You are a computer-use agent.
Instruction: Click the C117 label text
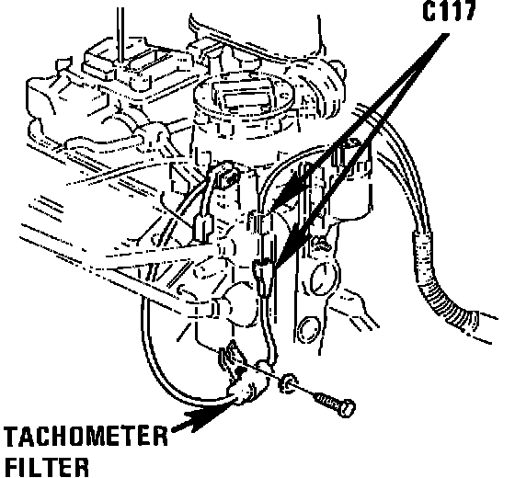pyautogui.click(x=449, y=12)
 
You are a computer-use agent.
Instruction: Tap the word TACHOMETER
pyautogui.click(x=86, y=436)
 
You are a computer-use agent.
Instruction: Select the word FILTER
pyautogui.click(x=47, y=467)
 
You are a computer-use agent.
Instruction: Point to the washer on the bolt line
pyautogui.click(x=288, y=382)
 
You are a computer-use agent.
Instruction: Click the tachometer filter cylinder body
pyautogui.click(x=246, y=391)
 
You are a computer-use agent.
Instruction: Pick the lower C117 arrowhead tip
pyautogui.click(x=277, y=268)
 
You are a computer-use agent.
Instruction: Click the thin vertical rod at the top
pyautogui.click(x=120, y=35)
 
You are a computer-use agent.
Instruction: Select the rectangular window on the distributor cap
pyautogui.click(x=244, y=99)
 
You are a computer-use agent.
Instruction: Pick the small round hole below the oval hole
pyautogui.click(x=308, y=329)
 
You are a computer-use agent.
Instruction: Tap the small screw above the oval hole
pyautogui.click(x=321, y=243)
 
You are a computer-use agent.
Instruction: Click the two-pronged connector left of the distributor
pyautogui.click(x=202, y=228)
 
